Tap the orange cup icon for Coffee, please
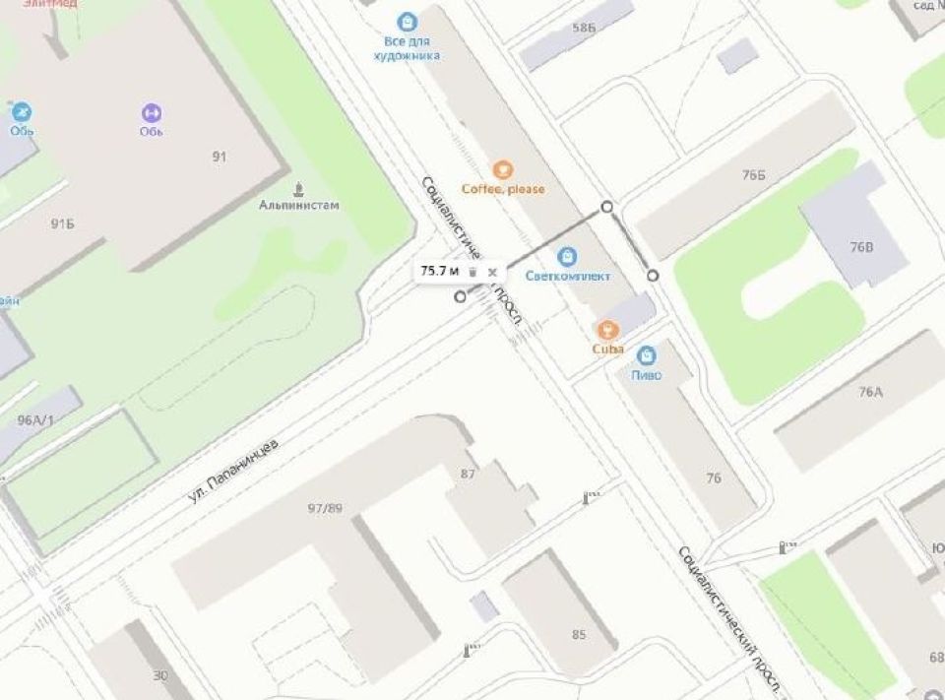pyautogui.click(x=503, y=169)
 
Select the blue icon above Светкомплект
pyautogui.click(x=567, y=257)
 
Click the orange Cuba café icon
pyautogui.click(x=607, y=328)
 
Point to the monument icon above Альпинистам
pyautogui.click(x=299, y=188)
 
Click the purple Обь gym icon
pyautogui.click(x=151, y=113)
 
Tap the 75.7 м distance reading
pyautogui.click(x=440, y=271)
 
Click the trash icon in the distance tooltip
pyautogui.click(x=472, y=272)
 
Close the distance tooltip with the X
pyautogui.click(x=492, y=272)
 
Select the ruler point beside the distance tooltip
pyautogui.click(x=460, y=296)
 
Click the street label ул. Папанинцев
pyautogui.click(x=232, y=473)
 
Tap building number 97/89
pyautogui.click(x=324, y=508)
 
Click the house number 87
pyautogui.click(x=468, y=474)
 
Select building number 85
pyautogui.click(x=579, y=634)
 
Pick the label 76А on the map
pyautogui.click(x=870, y=392)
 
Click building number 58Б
pyautogui.click(x=584, y=28)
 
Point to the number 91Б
pyautogui.click(x=62, y=224)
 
